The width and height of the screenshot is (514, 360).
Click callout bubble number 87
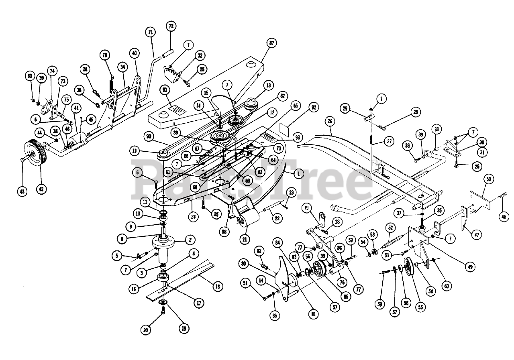click(x=271, y=43)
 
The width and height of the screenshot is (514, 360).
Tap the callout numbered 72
click(x=171, y=26)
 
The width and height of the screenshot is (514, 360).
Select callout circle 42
click(x=41, y=189)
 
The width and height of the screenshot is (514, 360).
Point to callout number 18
click(x=217, y=287)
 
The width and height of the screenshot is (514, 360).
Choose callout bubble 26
click(x=330, y=120)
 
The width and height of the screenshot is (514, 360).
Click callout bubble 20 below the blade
click(x=146, y=329)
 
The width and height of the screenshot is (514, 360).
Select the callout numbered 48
click(x=504, y=217)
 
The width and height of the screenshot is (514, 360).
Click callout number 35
click(x=439, y=210)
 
